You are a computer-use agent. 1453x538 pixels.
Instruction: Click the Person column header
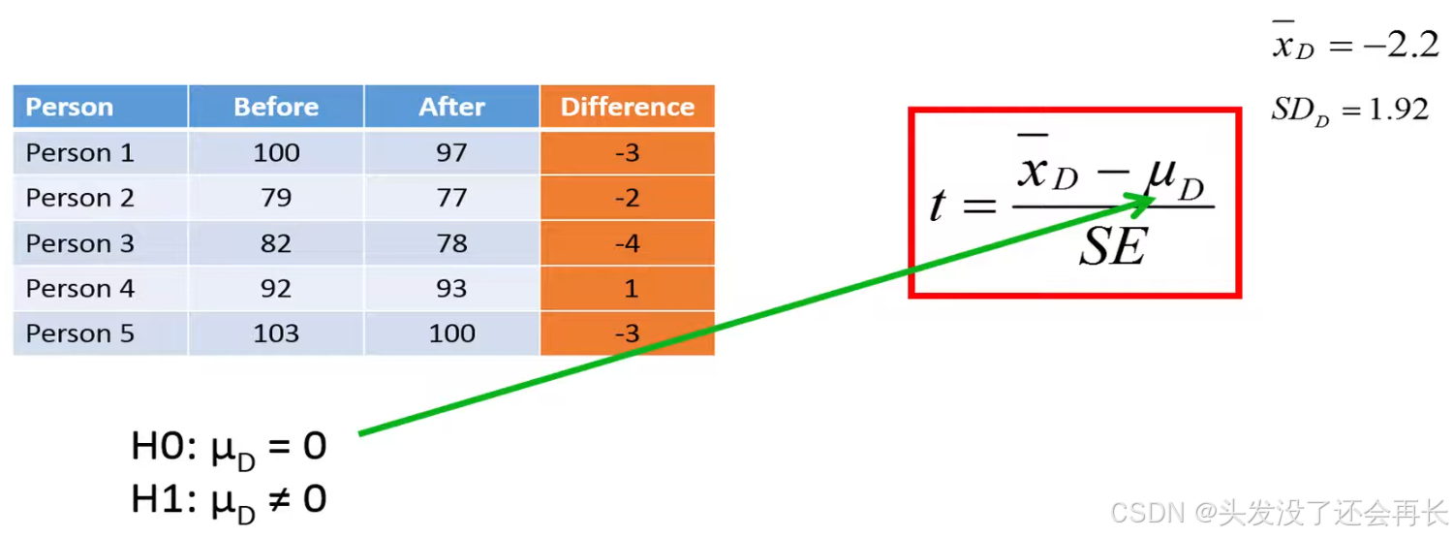pos(70,107)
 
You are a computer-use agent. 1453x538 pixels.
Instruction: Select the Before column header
pos(276,107)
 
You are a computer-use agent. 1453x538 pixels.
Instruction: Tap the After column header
pos(451,107)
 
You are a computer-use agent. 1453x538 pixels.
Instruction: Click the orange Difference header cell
pos(628,107)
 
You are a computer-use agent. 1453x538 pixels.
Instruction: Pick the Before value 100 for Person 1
pos(276,152)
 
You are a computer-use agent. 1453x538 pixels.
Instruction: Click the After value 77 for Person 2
pos(451,198)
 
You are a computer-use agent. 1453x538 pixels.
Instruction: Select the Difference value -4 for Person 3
pos(628,243)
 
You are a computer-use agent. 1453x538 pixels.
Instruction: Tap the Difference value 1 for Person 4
pos(628,289)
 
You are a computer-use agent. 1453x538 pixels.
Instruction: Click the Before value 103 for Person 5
pos(276,333)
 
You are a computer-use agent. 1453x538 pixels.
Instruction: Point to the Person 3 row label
pos(79,243)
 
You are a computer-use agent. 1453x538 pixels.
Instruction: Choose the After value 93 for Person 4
pos(451,289)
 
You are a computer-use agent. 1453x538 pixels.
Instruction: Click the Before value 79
pos(276,198)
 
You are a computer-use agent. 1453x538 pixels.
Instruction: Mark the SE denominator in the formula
pos(1113,248)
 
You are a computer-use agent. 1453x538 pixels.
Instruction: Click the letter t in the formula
pos(937,205)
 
